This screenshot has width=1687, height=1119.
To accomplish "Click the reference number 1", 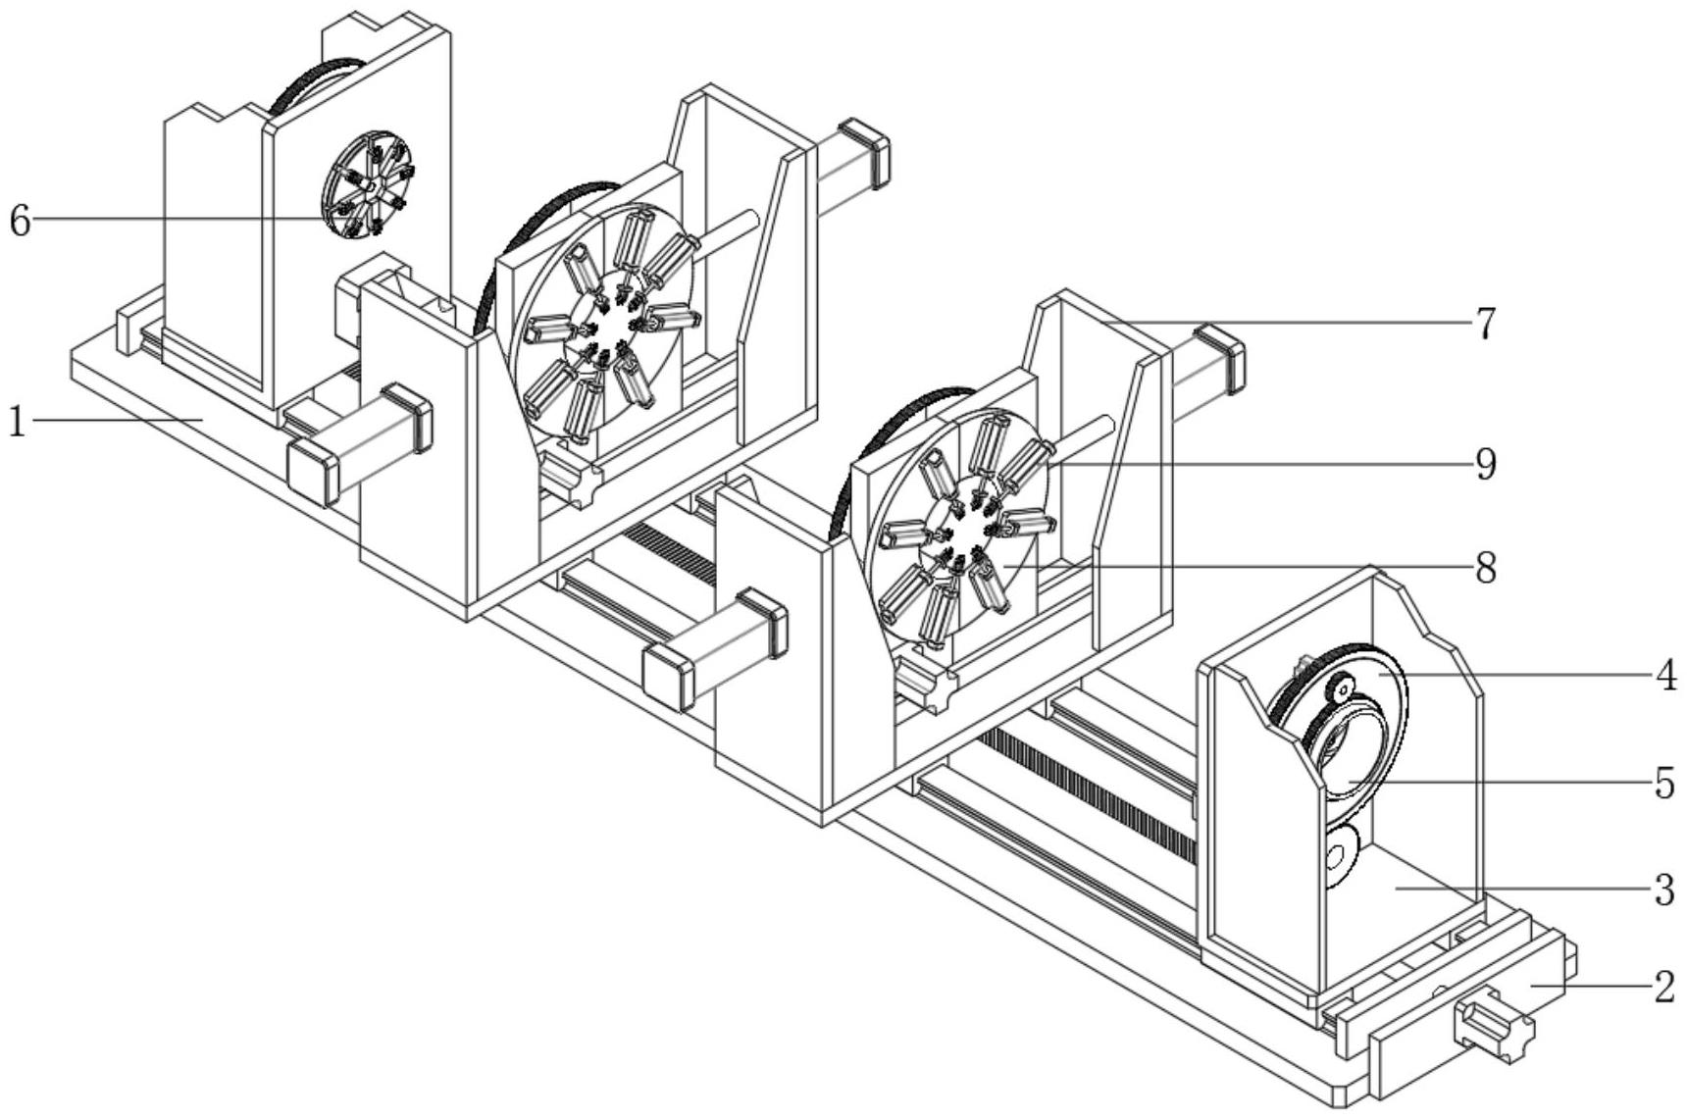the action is [x=16, y=422].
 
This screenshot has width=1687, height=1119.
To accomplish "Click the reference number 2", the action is [x=1663, y=988].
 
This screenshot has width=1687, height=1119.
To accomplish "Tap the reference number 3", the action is [x=1663, y=890].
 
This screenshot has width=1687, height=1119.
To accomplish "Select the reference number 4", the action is [x=1665, y=676].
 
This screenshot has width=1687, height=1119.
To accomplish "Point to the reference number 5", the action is [x=1664, y=783].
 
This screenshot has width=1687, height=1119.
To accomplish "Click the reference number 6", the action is [x=20, y=221].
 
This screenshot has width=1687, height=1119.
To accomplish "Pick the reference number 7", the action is [x=1486, y=324].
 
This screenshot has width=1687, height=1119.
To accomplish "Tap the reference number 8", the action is [x=1486, y=568].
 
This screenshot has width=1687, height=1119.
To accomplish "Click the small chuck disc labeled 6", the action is [x=369, y=185].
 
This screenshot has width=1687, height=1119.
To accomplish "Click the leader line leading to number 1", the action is [x=117, y=420].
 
